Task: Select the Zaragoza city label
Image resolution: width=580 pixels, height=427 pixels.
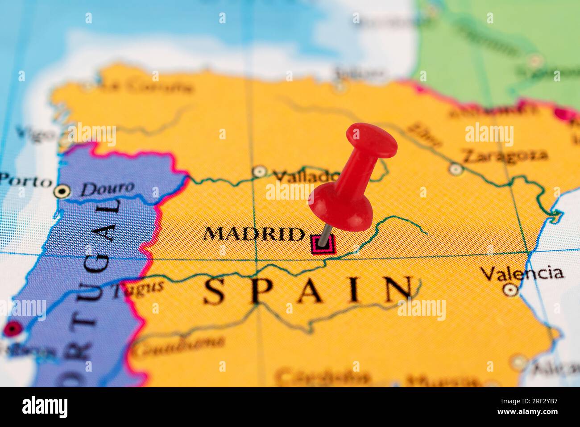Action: (x=504, y=155)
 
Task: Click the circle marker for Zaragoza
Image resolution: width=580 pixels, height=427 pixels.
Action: (x=455, y=169)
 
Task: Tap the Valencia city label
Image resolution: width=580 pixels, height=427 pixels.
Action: (x=522, y=272)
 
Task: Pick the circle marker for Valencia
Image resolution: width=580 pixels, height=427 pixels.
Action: (x=510, y=290)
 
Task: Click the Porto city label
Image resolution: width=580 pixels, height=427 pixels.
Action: (x=25, y=181)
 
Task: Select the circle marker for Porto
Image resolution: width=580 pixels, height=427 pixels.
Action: (x=62, y=192)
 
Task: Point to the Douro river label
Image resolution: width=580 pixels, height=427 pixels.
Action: (x=107, y=188)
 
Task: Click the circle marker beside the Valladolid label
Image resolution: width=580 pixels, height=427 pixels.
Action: (x=259, y=171)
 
